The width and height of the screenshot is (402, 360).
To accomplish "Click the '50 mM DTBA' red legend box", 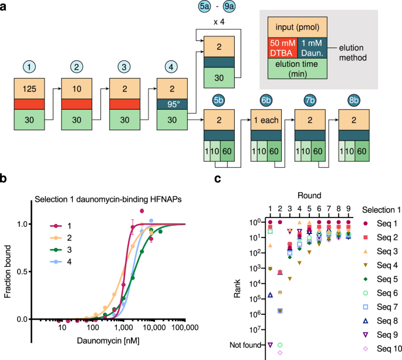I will click(284, 48).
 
